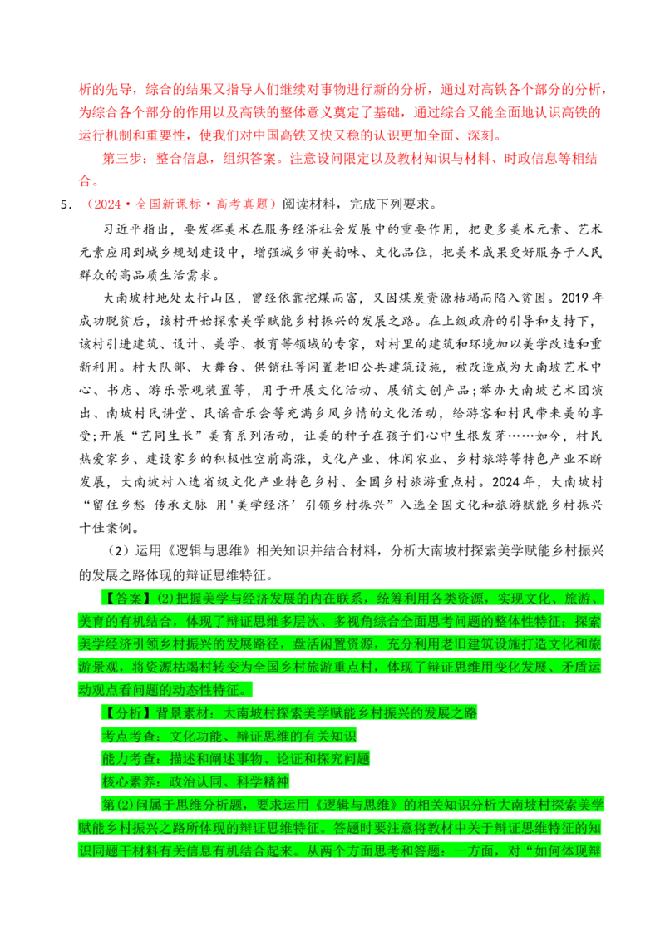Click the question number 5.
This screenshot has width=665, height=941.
pyautogui.click(x=65, y=205)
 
